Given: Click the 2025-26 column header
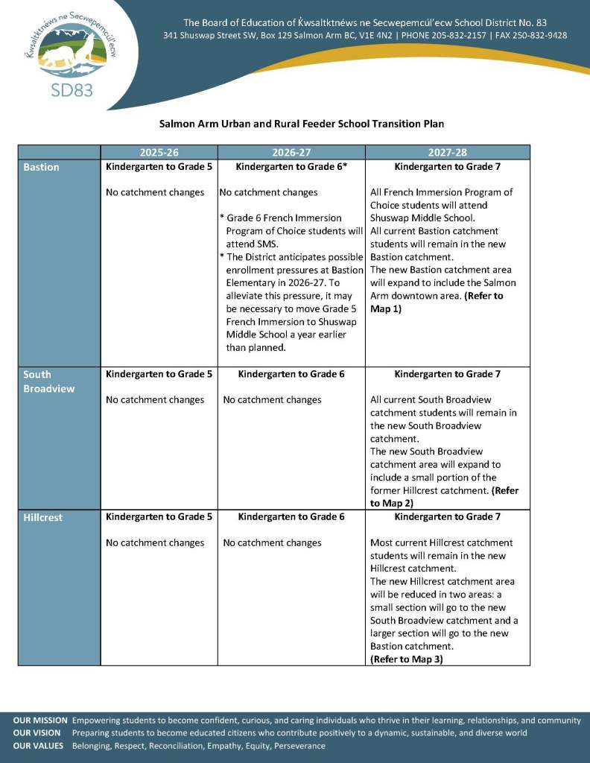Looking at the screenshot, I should tap(159, 152).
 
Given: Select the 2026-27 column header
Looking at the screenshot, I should tap(291, 152).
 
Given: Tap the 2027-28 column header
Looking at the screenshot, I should tap(447, 152).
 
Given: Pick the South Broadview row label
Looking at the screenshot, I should tap(49, 381).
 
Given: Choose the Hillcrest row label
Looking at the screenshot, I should tap(43, 517).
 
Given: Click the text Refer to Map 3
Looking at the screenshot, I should tap(406, 659).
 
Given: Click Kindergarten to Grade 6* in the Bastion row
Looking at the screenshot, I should tap(291, 167).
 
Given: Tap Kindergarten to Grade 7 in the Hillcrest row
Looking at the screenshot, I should tap(447, 516).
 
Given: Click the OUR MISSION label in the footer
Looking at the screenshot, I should tap(40, 721).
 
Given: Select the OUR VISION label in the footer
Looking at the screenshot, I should tap(37, 733).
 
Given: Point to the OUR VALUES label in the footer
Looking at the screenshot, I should tap(38, 746).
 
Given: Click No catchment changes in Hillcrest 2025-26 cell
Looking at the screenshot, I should tap(155, 542).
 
